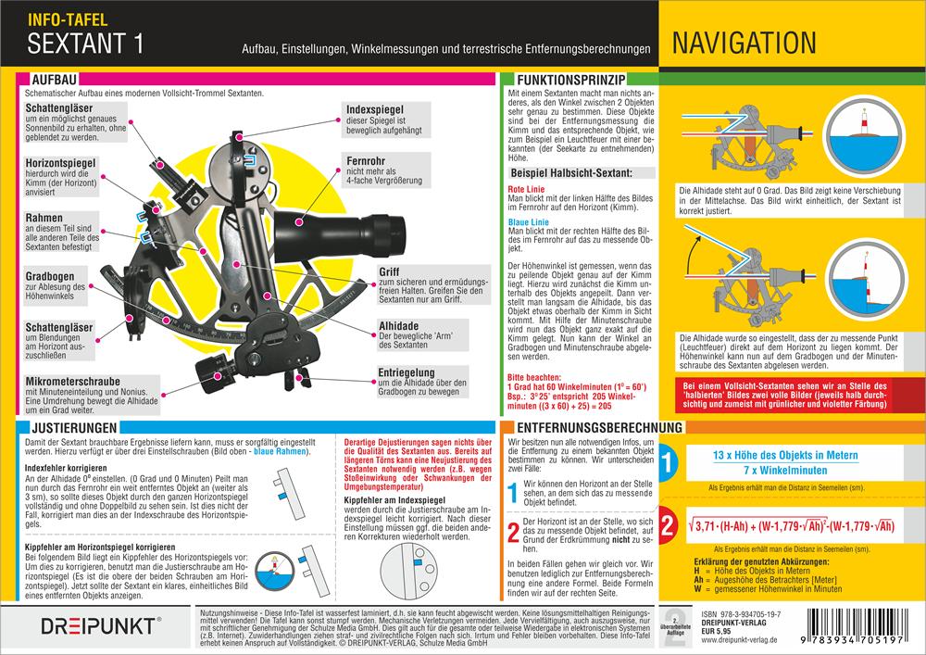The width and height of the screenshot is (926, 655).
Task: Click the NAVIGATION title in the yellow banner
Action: (745, 43)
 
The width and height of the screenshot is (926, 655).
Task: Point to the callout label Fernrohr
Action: (368, 159)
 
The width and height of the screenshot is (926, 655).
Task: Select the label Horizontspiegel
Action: (65, 162)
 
